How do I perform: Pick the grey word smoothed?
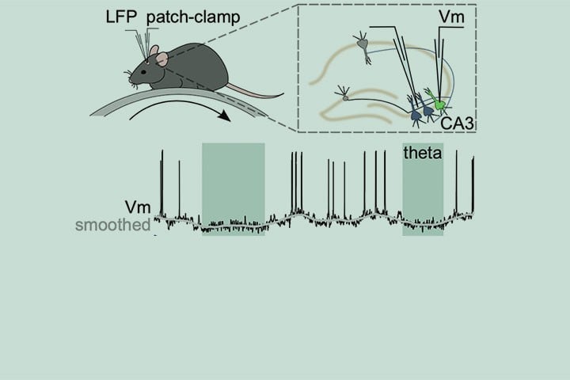point(112,226)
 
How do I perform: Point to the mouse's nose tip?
point(129,77)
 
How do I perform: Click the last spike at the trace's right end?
point(473,182)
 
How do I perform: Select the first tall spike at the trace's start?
point(161,182)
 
